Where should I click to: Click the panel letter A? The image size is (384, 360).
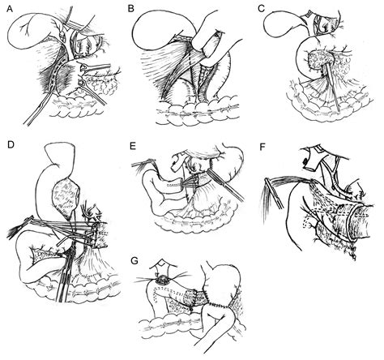coord(10,9)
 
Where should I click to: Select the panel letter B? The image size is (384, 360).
coord(131,9)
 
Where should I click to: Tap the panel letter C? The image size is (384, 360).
coord(261,9)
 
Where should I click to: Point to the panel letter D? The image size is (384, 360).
coord(11,144)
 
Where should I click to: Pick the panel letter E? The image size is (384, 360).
coord(133,146)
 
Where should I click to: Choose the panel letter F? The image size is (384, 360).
coord(262,147)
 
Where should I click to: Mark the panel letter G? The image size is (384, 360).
coord(134,261)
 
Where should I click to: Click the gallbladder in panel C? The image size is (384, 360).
coord(284,24)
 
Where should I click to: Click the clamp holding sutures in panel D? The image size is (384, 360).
coord(20,226)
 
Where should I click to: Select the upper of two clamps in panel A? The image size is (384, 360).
coord(96,67)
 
